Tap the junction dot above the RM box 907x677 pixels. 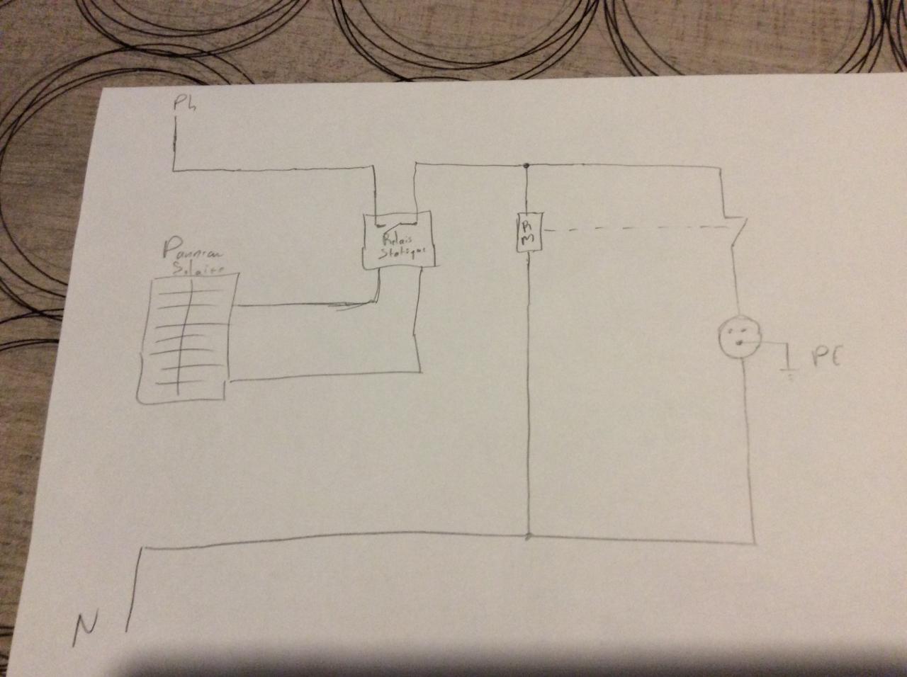click(x=527, y=166)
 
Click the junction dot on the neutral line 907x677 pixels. click(x=528, y=535)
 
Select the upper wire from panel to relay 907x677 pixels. click(x=305, y=306)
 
